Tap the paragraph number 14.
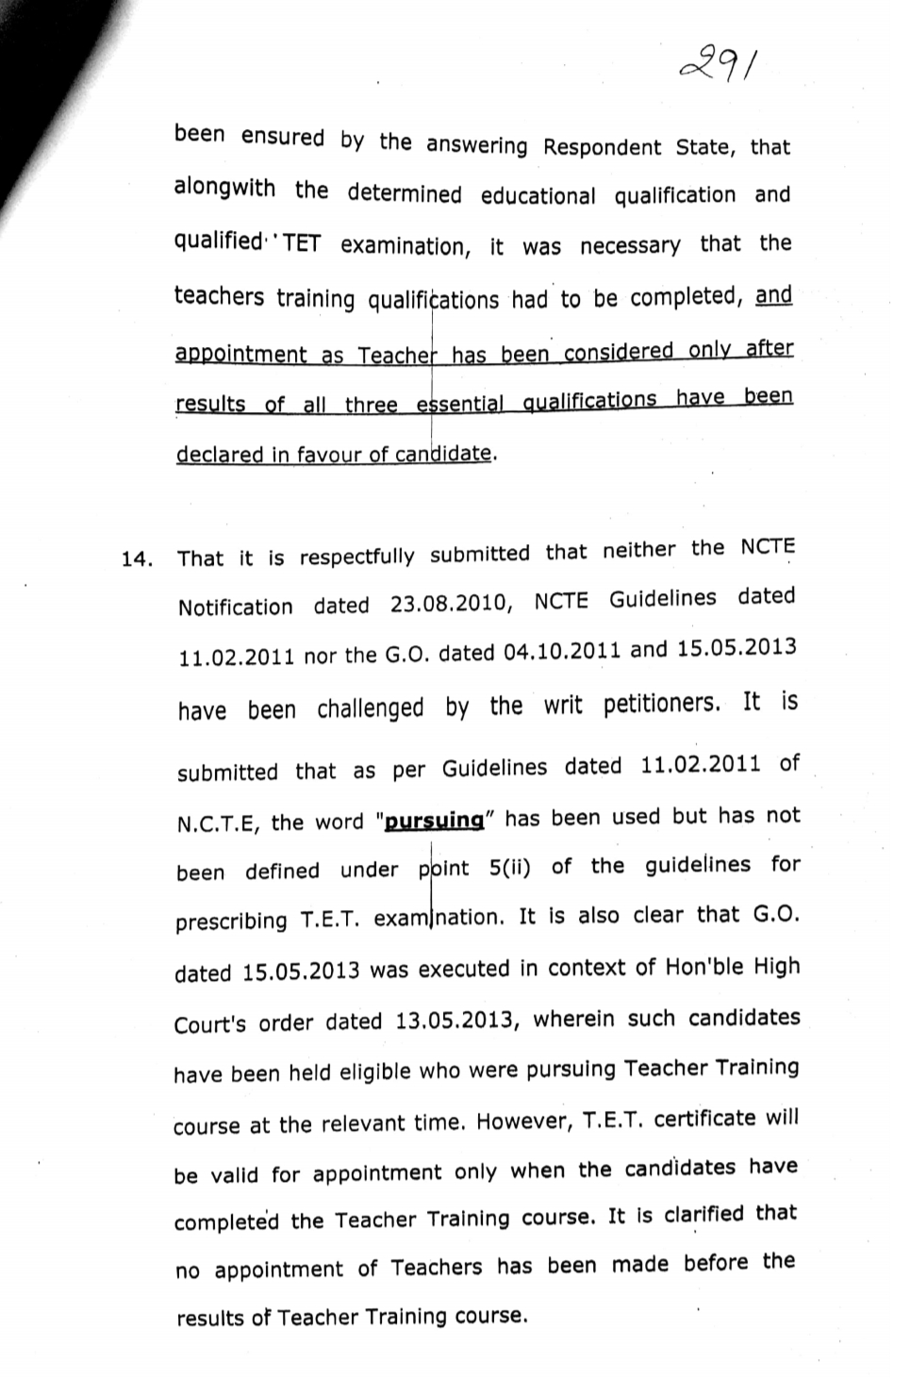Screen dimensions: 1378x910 [x=137, y=559]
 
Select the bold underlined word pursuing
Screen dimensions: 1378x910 [x=435, y=821]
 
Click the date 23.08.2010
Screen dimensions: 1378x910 [x=451, y=604]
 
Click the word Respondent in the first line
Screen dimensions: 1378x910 [x=602, y=147]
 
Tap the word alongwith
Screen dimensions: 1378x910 [x=224, y=188]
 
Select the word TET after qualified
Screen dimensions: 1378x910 [x=301, y=244]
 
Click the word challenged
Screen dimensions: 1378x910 [x=370, y=708]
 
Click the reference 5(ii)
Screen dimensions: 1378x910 [x=510, y=868]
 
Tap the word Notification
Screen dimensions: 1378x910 [x=235, y=607]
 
